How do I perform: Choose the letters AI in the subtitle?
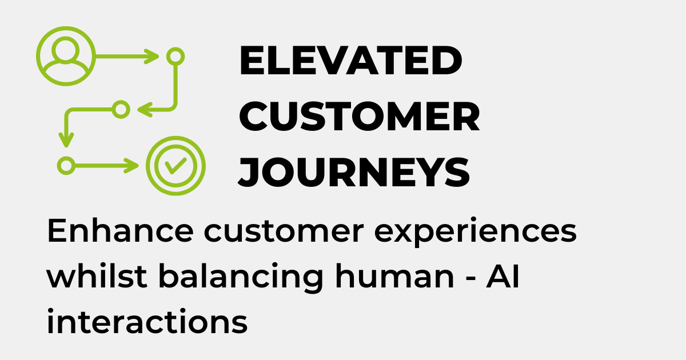click(503, 277)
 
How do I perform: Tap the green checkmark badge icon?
click(175, 166)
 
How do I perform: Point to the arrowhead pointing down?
click(67, 139)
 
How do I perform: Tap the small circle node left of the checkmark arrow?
click(66, 166)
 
